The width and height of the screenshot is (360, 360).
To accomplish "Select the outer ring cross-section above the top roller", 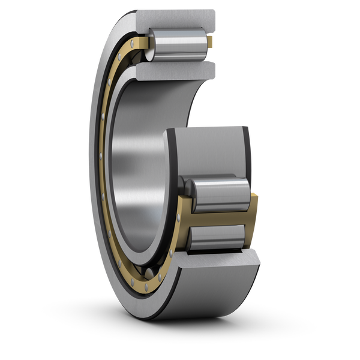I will coord(180,18).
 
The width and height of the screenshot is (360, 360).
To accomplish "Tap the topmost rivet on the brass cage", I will coord(122,55).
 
